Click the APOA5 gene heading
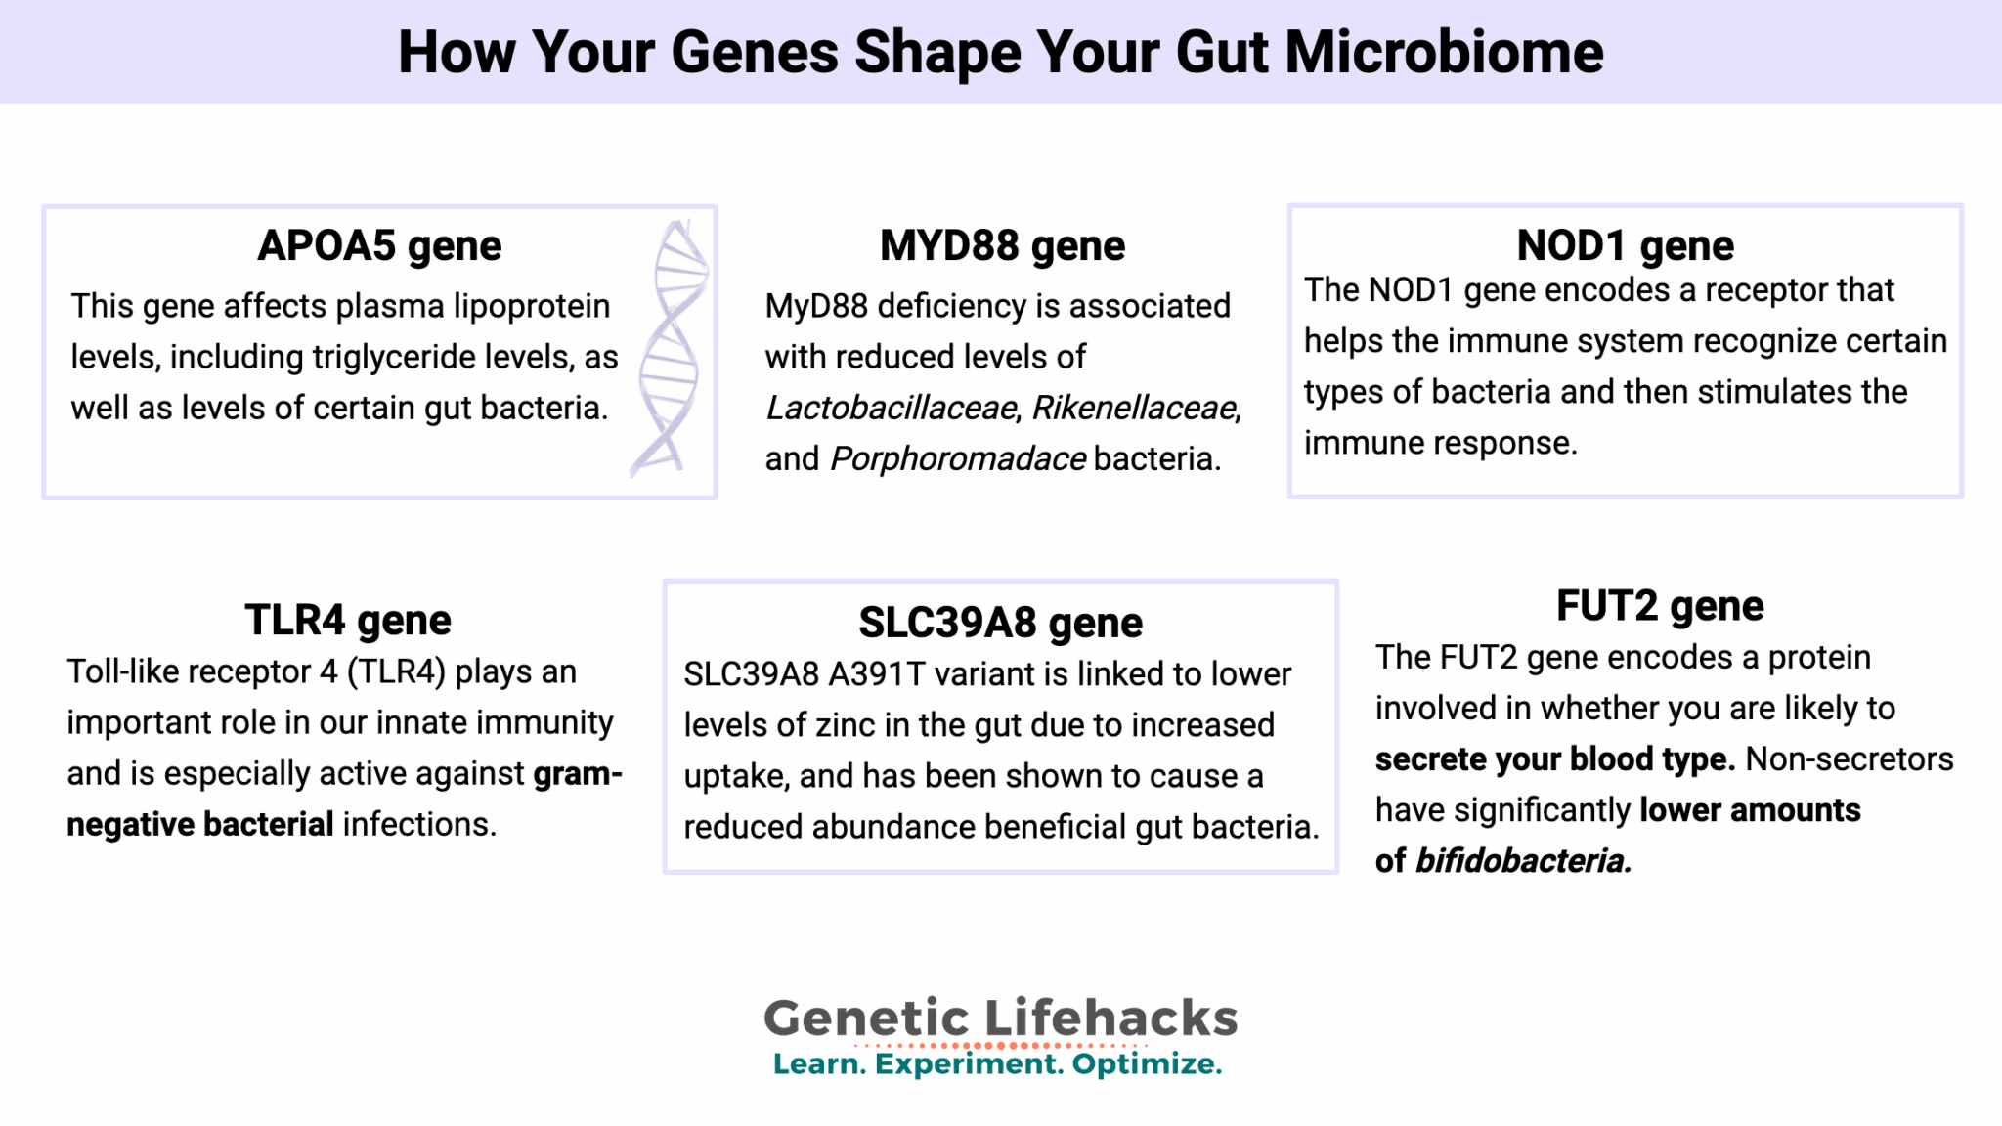379,245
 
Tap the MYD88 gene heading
1002,245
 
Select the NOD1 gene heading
1625,245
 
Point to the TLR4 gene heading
348,620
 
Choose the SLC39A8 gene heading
1000,623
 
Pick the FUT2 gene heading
1660,606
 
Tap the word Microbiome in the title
1444,52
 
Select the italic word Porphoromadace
958,458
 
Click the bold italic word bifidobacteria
1523,861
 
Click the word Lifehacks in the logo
1110,1018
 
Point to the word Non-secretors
1850,759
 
